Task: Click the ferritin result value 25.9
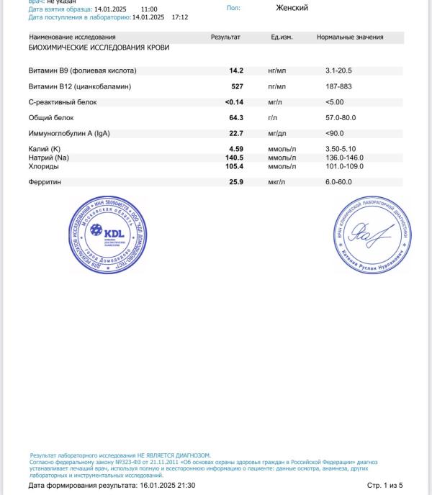pyautogui.click(x=235, y=182)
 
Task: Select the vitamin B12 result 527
pyautogui.click(x=236, y=86)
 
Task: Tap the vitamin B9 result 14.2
pyautogui.click(x=236, y=71)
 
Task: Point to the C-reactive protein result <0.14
pyautogui.click(x=234, y=102)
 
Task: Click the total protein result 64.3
pyautogui.click(x=236, y=117)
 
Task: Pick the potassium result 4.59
pyautogui.click(x=235, y=149)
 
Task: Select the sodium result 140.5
pyautogui.click(x=234, y=158)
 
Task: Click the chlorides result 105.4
pyautogui.click(x=234, y=166)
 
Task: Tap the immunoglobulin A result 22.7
pyautogui.click(x=236, y=133)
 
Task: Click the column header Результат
pyautogui.click(x=225, y=37)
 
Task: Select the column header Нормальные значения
pyautogui.click(x=350, y=37)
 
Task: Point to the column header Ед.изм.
pyautogui.click(x=281, y=37)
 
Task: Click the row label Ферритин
pyautogui.click(x=45, y=182)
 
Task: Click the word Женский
pyautogui.click(x=292, y=8)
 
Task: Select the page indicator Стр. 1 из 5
pyautogui.click(x=385, y=486)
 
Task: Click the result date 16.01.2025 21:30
pyautogui.click(x=167, y=486)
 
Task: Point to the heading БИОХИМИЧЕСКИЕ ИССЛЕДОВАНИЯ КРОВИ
pyautogui.click(x=99, y=47)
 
